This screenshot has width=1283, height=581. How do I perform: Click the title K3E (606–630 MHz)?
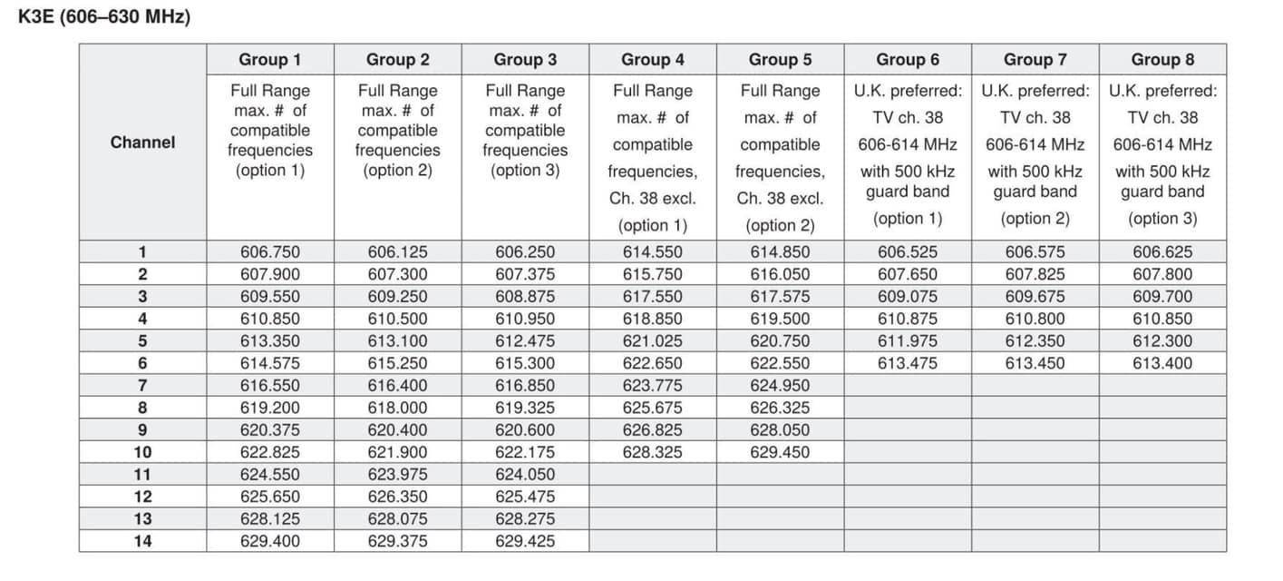[103, 16]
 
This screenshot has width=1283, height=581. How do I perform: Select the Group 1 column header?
[270, 60]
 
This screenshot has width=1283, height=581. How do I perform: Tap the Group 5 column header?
[780, 60]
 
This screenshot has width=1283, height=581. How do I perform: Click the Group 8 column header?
[1162, 60]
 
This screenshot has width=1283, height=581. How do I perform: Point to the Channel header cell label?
[142, 143]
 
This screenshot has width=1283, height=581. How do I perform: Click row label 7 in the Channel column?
[142, 386]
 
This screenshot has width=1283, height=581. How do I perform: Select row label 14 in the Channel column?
[142, 541]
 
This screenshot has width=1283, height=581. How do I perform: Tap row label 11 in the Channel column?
[142, 474]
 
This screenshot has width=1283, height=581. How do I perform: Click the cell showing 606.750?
[270, 251]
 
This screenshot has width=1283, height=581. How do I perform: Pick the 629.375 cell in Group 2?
[397, 541]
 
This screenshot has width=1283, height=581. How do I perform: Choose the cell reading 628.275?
[525, 518]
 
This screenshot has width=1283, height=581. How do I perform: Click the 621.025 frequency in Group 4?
[653, 340]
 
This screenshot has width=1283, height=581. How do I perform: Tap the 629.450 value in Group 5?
[780, 452]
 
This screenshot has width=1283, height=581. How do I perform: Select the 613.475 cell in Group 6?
[908, 363]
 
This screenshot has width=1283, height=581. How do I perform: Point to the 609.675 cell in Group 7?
[1035, 297]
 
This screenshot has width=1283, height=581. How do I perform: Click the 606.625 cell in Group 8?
[1162, 251]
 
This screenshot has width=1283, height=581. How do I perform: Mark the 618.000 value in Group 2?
[397, 408]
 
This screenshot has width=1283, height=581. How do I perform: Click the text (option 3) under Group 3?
[525, 171]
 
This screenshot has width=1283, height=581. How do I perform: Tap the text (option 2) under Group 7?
[1035, 219]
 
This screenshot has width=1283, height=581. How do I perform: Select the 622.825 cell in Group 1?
[270, 452]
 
